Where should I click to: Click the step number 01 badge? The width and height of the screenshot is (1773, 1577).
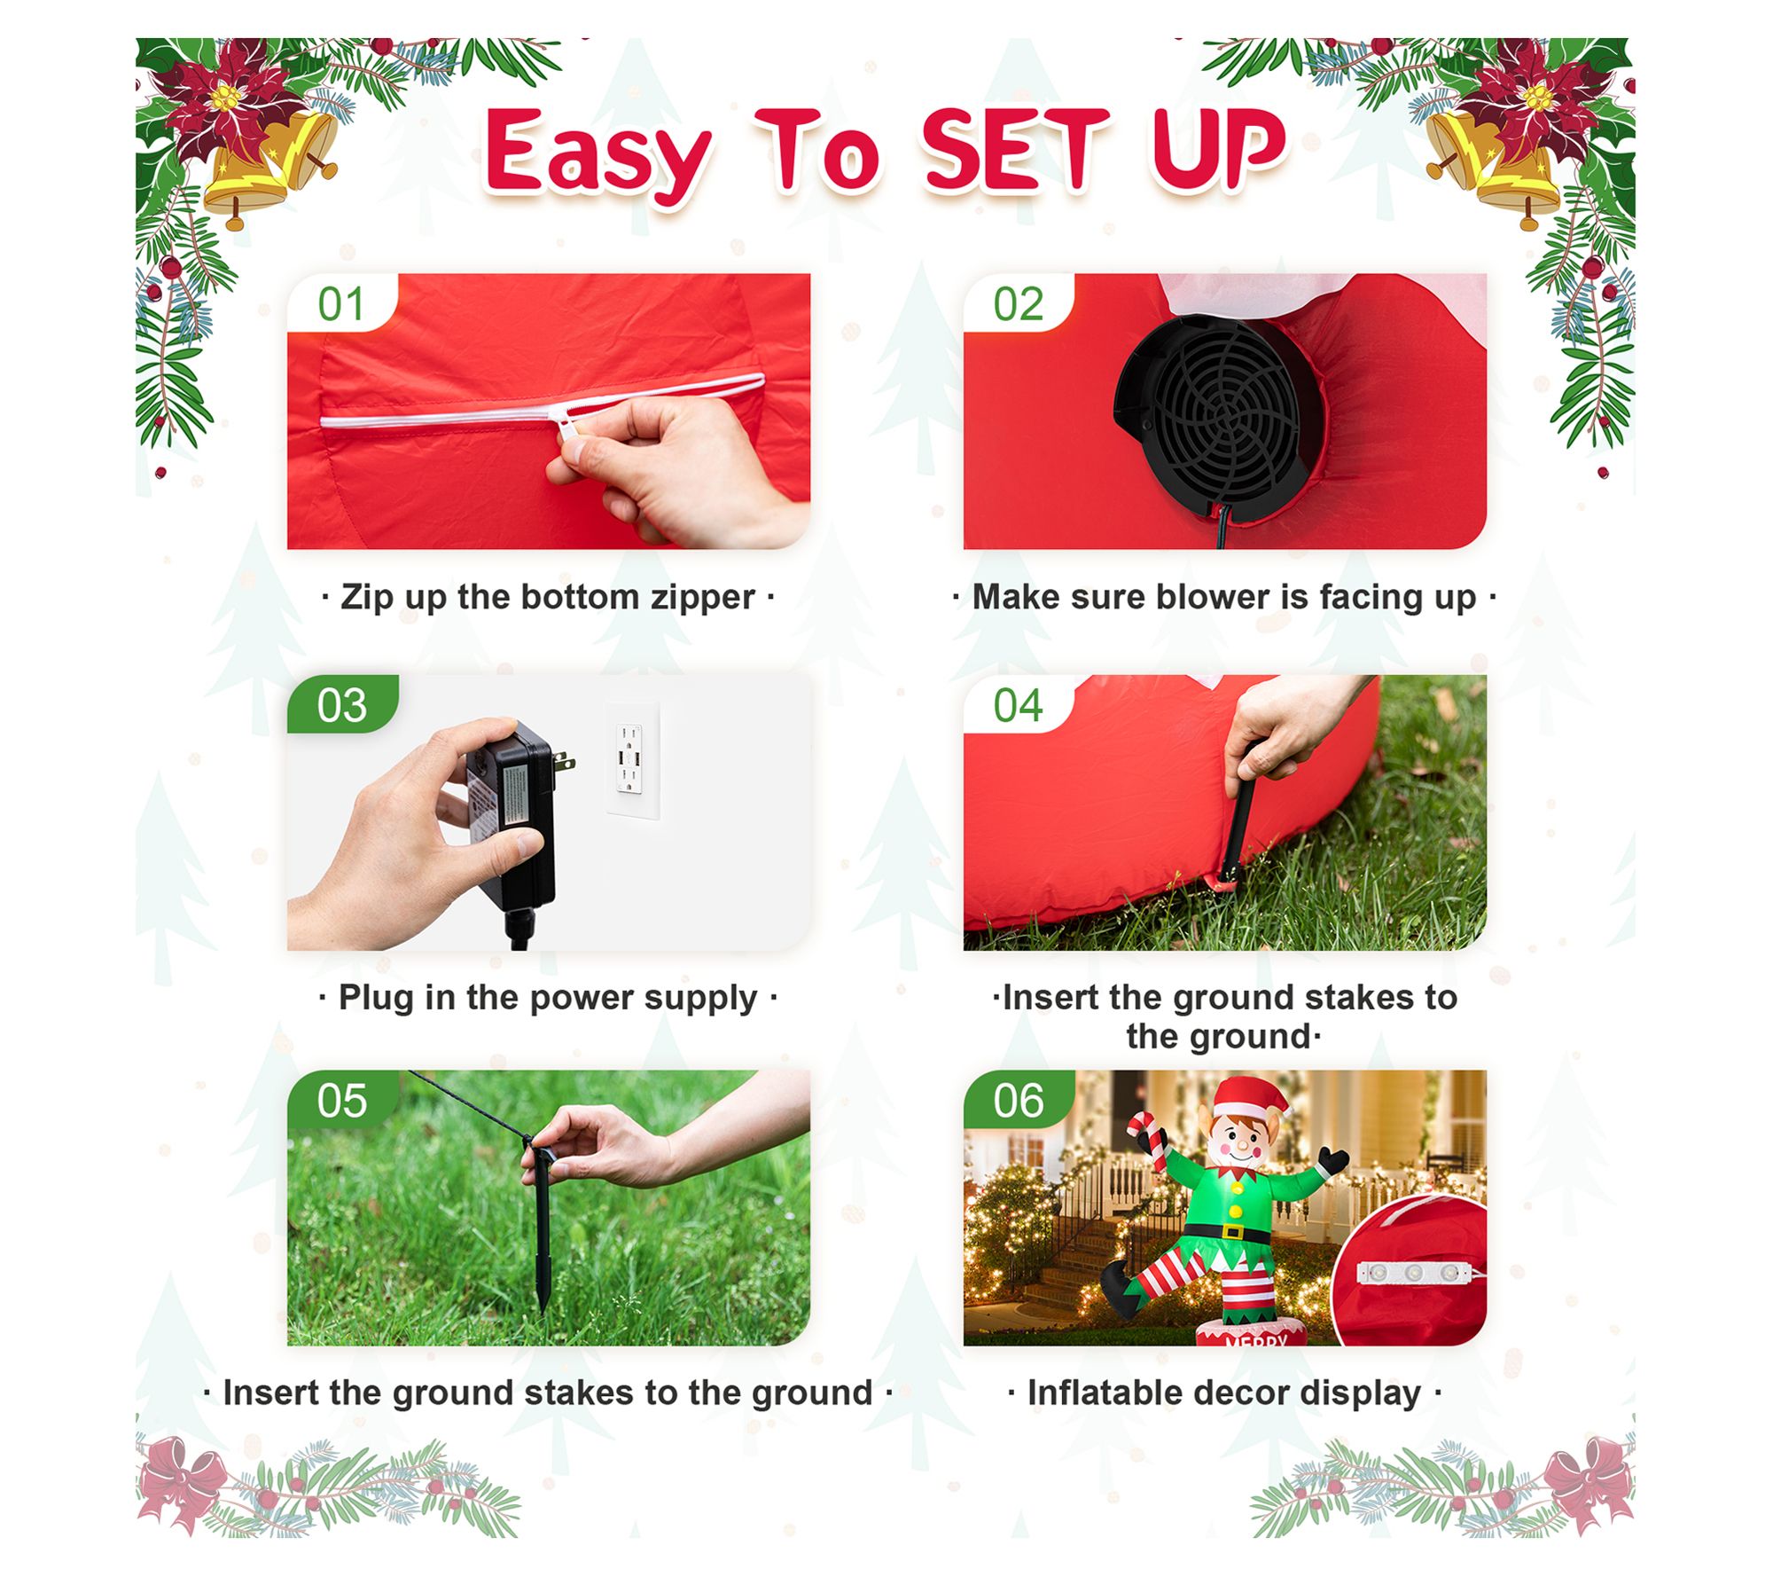point(342,303)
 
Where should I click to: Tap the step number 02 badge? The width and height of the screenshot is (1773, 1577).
point(1019,303)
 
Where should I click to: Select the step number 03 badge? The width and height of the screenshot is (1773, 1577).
point(342,705)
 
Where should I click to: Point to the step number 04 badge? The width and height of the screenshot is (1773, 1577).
point(1019,705)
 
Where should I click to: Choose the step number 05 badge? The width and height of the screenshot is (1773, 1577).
point(342,1100)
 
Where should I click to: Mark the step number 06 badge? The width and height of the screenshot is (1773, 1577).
point(1019,1100)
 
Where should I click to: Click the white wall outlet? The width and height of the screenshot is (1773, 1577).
point(632,760)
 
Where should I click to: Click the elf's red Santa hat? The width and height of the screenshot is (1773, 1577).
point(1252,1099)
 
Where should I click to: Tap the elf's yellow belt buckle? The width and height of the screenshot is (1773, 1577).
point(1233,1232)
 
